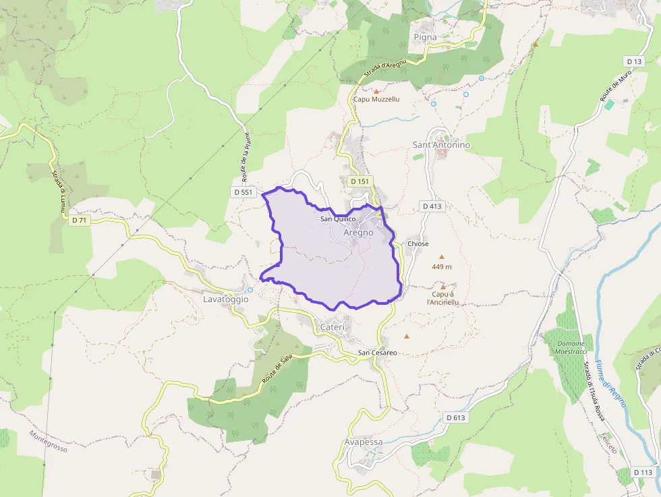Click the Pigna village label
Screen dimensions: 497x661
[x=425, y=37]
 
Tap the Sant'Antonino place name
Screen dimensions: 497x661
[x=441, y=145]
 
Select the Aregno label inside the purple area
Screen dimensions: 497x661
[x=358, y=233]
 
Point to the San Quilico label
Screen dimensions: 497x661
[x=337, y=219]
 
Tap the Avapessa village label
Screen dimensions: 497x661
[x=363, y=442]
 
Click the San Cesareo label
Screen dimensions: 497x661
[x=377, y=353]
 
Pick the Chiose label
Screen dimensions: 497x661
[x=418, y=244]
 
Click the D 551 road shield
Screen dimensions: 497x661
[x=243, y=192]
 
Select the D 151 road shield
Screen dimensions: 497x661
[x=360, y=181]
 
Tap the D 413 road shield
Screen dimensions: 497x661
[x=432, y=206]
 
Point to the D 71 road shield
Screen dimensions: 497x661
[x=79, y=220]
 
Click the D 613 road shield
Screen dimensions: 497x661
[x=456, y=418]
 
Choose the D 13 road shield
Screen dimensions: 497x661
[x=633, y=61]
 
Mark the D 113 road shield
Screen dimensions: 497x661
[x=643, y=472]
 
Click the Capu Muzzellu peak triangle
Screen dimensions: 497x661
[x=376, y=90]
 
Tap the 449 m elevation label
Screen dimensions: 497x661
[x=442, y=267]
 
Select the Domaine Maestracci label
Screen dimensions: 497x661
[x=570, y=347]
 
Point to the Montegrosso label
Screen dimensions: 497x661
[x=49, y=442]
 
